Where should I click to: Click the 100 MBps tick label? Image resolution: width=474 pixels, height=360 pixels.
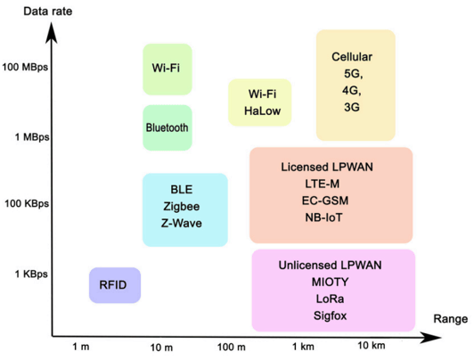(25, 67)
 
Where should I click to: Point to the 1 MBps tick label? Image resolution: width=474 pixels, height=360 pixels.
(32, 137)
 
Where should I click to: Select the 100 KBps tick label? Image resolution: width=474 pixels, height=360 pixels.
(27, 203)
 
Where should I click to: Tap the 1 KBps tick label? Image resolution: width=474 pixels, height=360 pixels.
(31, 274)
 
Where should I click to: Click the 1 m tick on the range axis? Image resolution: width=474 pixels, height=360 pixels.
(81, 347)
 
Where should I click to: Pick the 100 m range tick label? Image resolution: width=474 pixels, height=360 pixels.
(232, 347)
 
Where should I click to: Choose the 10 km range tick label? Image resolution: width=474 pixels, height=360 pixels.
(372, 345)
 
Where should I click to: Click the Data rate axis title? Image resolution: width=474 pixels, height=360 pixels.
(48, 12)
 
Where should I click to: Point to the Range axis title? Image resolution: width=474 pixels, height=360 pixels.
(451, 319)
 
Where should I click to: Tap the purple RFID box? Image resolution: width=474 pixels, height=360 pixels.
(115, 285)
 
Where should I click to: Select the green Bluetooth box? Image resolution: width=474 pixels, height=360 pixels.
(168, 127)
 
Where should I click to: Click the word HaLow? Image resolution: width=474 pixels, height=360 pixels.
(262, 110)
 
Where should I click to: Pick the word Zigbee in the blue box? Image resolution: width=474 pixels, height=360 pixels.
(182, 207)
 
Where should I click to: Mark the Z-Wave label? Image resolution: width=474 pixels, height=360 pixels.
(182, 223)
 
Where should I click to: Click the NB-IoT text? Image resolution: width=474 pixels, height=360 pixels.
(323, 217)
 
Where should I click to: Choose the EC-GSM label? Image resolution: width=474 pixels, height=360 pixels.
(325, 200)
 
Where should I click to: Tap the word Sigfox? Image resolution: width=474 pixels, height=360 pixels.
(330, 315)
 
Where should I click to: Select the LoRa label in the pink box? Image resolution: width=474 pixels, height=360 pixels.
(330, 299)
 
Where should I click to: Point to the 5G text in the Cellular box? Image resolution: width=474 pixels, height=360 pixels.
(353, 74)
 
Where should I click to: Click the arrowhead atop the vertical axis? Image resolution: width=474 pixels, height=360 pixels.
(52, 32)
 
